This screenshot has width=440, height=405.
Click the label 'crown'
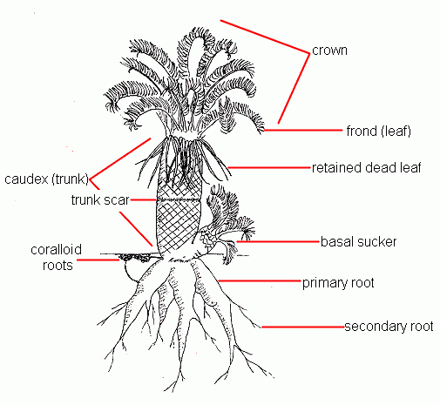(x=329, y=51)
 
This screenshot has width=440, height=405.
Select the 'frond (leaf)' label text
(x=379, y=131)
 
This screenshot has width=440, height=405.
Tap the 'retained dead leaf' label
(x=366, y=167)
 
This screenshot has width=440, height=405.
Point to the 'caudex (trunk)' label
(x=46, y=179)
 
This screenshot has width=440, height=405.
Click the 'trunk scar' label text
(x=100, y=200)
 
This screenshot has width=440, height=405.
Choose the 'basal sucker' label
(x=358, y=241)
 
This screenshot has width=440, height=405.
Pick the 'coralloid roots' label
(x=57, y=258)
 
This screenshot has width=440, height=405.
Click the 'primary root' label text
(x=338, y=283)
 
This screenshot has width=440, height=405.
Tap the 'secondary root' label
(x=389, y=327)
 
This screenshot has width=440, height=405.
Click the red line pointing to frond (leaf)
(x=303, y=131)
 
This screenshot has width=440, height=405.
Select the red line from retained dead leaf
(x=269, y=167)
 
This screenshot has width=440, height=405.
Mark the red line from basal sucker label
(x=278, y=241)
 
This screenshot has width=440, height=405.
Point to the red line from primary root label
(x=260, y=281)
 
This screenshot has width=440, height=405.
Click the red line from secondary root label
(x=303, y=327)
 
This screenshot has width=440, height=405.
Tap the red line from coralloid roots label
(x=98, y=260)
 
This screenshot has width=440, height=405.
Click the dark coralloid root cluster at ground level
(x=135, y=257)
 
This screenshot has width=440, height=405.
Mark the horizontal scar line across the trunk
(x=179, y=199)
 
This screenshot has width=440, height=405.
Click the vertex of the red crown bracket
(x=309, y=53)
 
